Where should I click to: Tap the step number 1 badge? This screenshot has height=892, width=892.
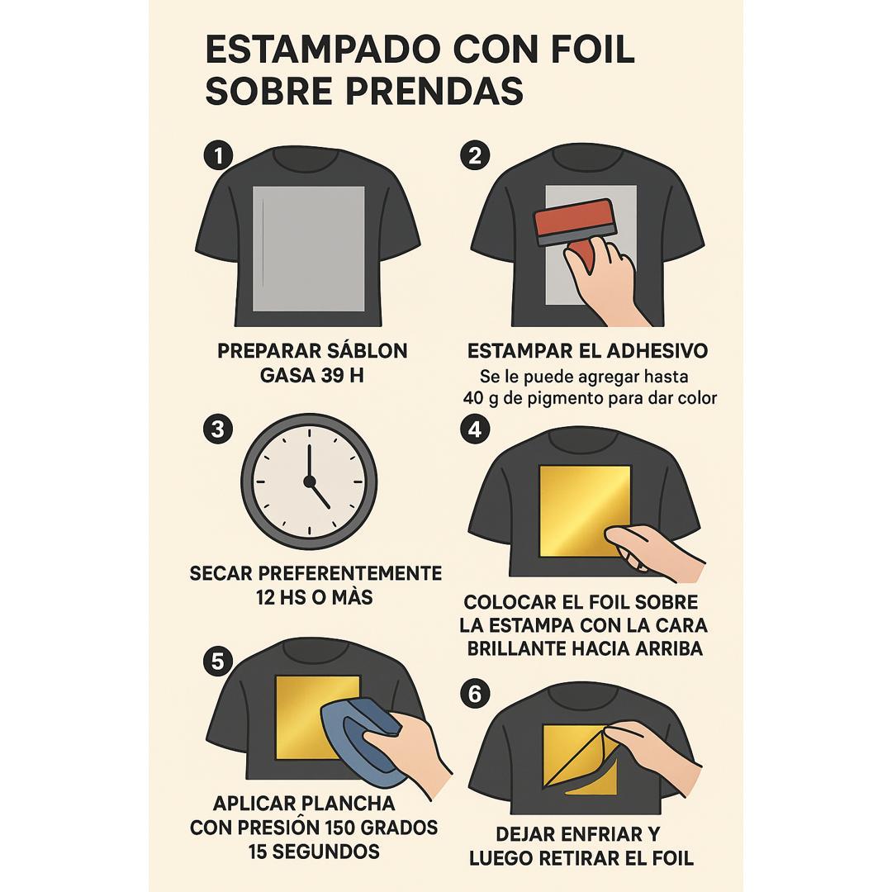pyautogui.click(x=218, y=155)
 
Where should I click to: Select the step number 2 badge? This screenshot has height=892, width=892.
pyautogui.click(x=475, y=155)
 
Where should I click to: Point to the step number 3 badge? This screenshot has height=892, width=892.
pyautogui.click(x=218, y=429)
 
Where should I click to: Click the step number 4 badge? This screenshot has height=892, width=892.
pyautogui.click(x=475, y=429)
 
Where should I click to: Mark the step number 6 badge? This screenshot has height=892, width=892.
pyautogui.click(x=475, y=694)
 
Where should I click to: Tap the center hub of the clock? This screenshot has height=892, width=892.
pyautogui.click(x=310, y=482)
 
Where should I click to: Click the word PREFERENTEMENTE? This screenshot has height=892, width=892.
pyautogui.click(x=353, y=573)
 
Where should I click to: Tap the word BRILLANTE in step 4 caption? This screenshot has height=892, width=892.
pyautogui.click(x=515, y=648)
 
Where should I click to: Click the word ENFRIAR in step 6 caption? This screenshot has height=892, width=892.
pyautogui.click(x=597, y=834)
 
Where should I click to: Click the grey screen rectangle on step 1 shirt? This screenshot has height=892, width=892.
pyautogui.click(x=309, y=249)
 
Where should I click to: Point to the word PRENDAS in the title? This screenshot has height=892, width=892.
pyautogui.click(x=434, y=91)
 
